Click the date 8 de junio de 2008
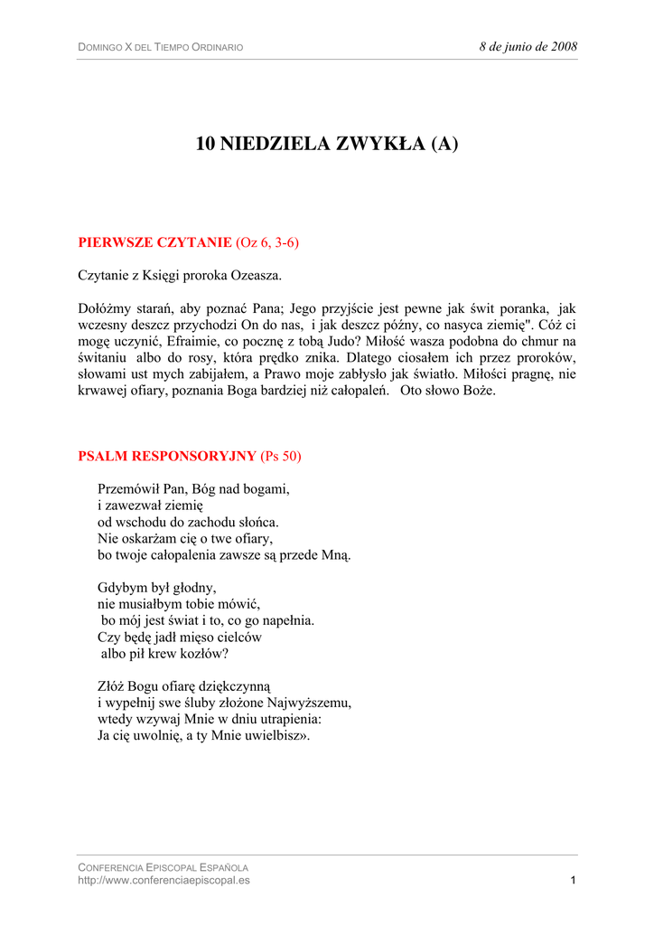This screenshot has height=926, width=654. click(x=528, y=46)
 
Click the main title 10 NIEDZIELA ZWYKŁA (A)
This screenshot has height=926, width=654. click(x=327, y=144)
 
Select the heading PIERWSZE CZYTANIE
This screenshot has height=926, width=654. click(x=154, y=242)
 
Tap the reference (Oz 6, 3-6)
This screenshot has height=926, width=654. click(x=266, y=242)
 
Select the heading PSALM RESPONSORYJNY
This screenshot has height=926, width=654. click(x=167, y=456)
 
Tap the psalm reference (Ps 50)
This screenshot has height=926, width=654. click(x=281, y=456)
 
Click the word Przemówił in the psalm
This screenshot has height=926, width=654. click(x=127, y=489)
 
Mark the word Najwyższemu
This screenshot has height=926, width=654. click(x=312, y=703)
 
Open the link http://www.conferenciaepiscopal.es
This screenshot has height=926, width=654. click(x=163, y=880)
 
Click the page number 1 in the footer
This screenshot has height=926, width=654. click(x=574, y=880)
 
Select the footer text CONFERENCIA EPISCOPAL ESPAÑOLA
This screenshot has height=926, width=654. click(x=163, y=867)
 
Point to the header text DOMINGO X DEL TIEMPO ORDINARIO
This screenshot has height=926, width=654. click(x=160, y=47)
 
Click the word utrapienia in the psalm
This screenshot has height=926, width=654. click(x=289, y=719)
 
